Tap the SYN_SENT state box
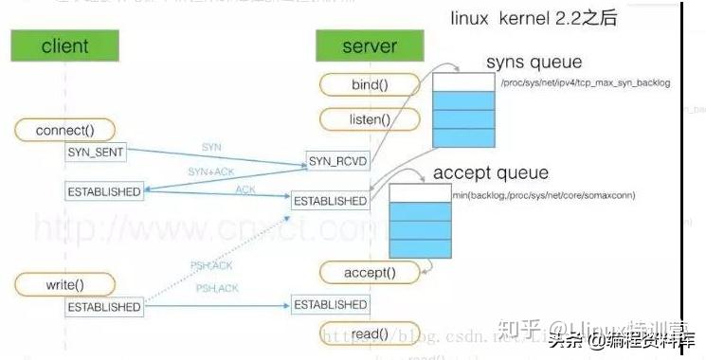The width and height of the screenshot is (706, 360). [x=97, y=153]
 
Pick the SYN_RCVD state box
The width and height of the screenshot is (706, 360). [x=337, y=162]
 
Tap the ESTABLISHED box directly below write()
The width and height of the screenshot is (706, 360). [x=103, y=307]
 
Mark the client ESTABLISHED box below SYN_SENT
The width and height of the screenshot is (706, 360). [x=103, y=191]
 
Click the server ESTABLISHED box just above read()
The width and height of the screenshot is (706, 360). [x=330, y=305]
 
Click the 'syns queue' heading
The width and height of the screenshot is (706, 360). [x=534, y=63]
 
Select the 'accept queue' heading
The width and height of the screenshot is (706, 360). [x=490, y=173]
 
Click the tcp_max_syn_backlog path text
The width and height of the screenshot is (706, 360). [x=585, y=83]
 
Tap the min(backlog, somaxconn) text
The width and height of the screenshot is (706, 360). [x=543, y=194]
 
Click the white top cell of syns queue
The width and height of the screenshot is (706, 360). [x=463, y=83]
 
